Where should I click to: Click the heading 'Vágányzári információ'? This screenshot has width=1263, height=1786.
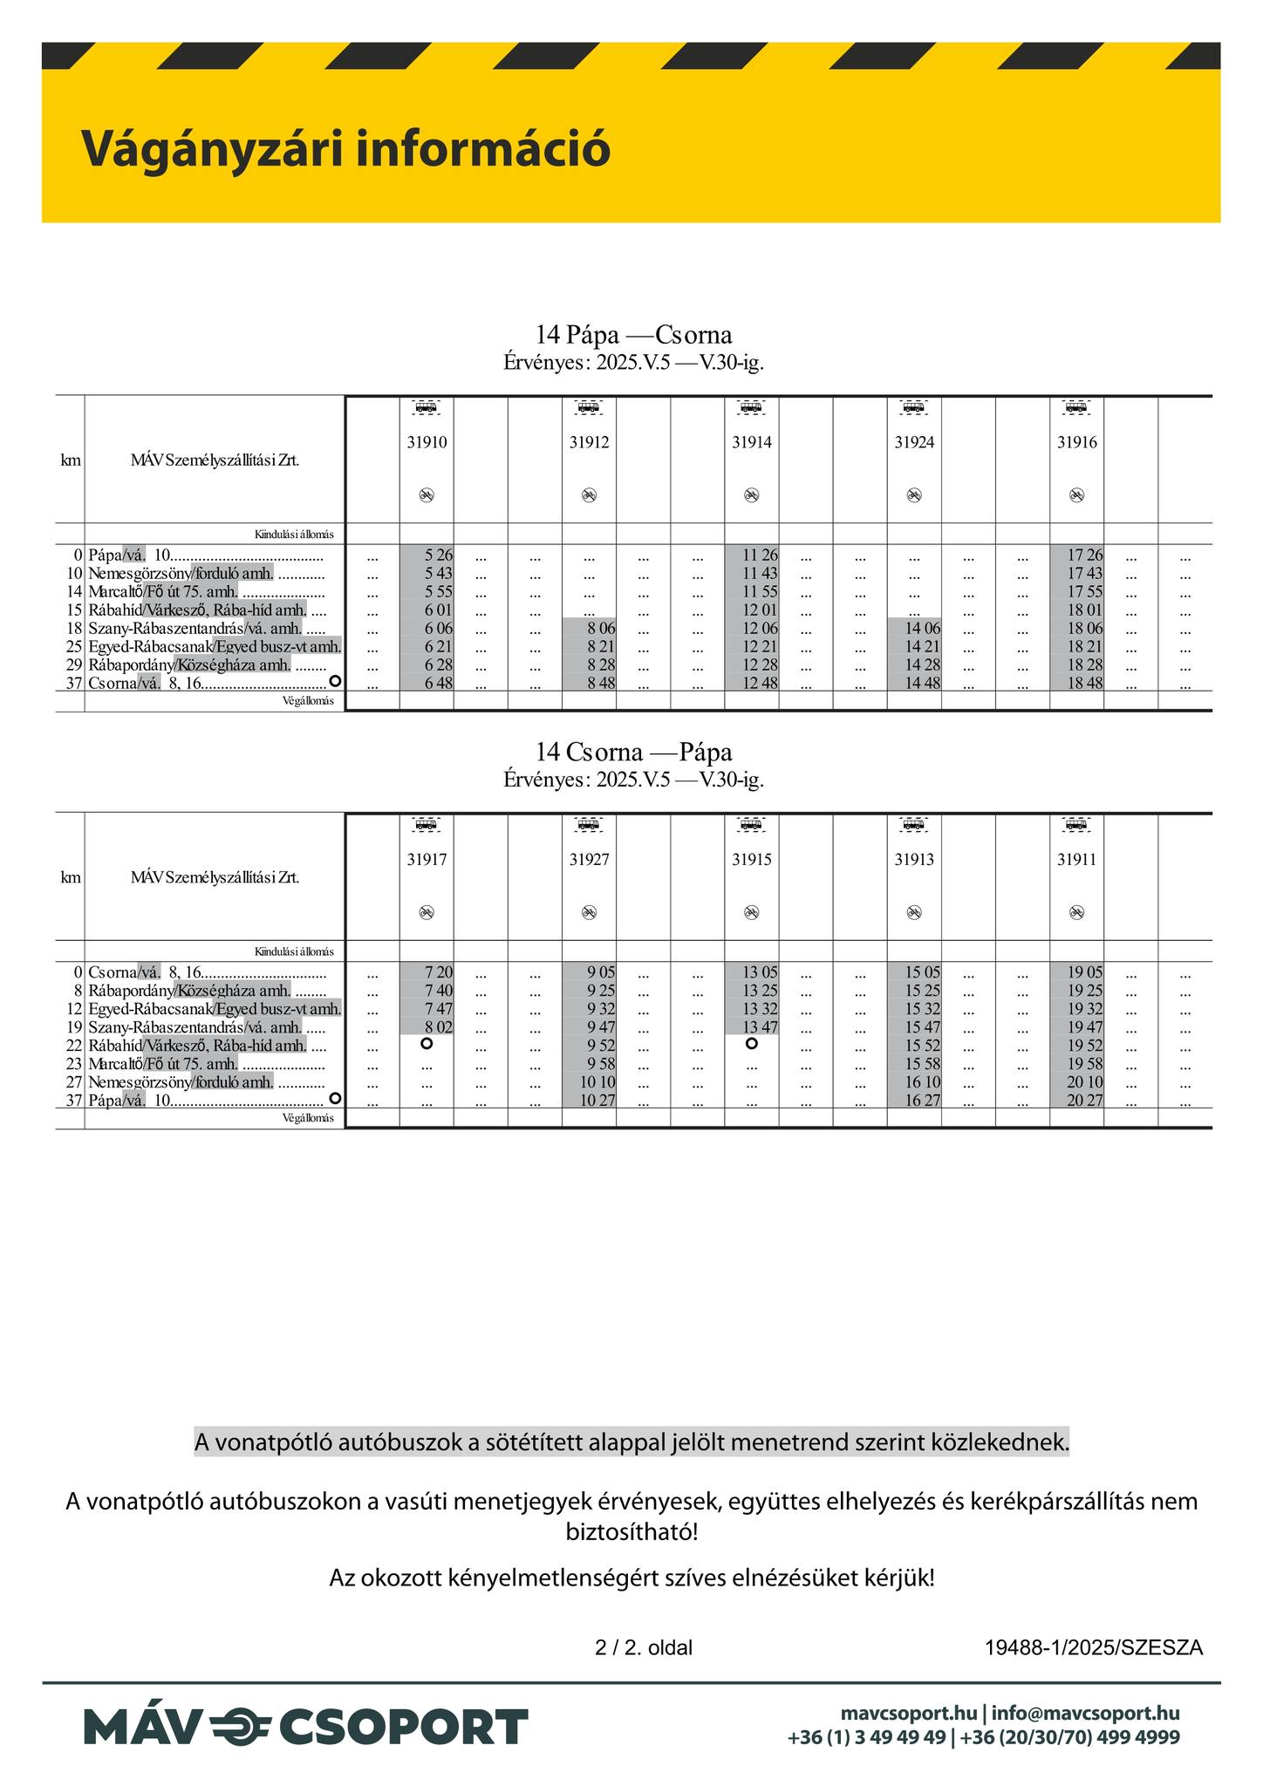click(345, 148)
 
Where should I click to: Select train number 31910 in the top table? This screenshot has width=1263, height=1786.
click(427, 443)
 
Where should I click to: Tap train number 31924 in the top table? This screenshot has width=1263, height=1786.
click(914, 443)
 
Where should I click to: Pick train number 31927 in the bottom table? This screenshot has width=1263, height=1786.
click(589, 860)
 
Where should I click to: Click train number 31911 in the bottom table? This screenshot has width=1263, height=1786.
click(1076, 860)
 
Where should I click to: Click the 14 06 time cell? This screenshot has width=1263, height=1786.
click(922, 628)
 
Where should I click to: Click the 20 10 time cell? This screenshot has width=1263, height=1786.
click(1085, 1082)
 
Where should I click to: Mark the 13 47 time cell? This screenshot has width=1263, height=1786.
click(759, 1027)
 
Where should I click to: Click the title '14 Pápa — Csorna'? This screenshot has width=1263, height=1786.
click(633, 335)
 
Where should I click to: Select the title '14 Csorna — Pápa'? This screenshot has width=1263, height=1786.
click(633, 752)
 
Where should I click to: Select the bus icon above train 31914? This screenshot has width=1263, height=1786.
click(750, 406)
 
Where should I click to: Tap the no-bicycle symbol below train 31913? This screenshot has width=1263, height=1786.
click(913, 912)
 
